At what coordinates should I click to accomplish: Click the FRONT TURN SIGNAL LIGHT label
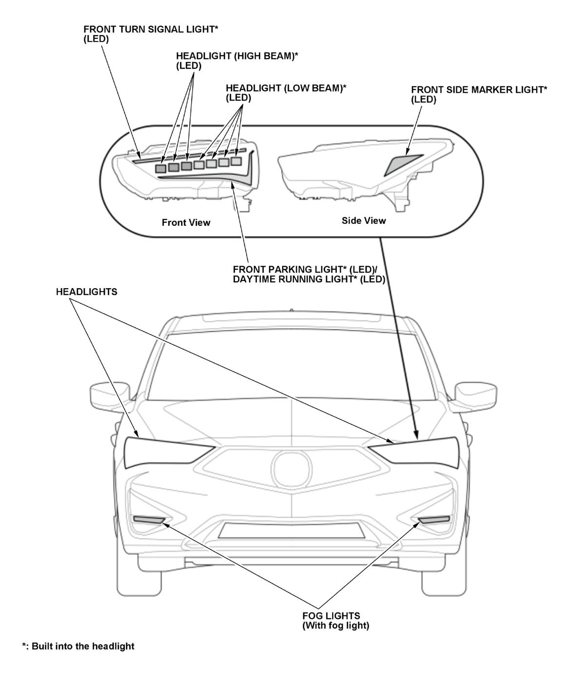coord(151,34)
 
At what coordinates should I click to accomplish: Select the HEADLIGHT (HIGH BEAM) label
coord(237,60)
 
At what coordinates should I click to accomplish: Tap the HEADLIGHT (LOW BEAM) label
coord(286,93)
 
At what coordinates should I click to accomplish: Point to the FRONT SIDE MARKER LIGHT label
coord(479,95)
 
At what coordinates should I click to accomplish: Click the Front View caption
coord(186,223)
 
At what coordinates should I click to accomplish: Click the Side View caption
coord(364,221)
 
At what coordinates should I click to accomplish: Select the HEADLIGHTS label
coord(86,292)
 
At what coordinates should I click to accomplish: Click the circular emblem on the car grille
coord(291,469)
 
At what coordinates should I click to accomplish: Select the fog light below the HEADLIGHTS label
coord(149,520)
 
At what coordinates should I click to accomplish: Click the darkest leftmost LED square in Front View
coord(161,168)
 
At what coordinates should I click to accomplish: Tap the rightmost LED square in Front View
coord(236,161)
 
